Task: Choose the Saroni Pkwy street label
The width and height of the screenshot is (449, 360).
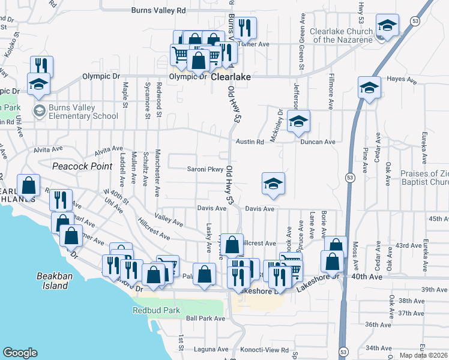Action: pyautogui.click(x=205, y=169)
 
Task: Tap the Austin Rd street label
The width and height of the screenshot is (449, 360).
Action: pyautogui.click(x=250, y=142)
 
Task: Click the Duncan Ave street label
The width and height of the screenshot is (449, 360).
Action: pyautogui.click(x=318, y=142)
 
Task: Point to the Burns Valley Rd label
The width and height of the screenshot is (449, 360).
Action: pyautogui.click(x=158, y=10)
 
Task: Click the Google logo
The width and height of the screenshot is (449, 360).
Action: pyautogui.click(x=20, y=352)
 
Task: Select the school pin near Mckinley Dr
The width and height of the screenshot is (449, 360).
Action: pyautogui.click(x=298, y=122)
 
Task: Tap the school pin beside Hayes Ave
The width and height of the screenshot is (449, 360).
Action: pyautogui.click(x=369, y=88)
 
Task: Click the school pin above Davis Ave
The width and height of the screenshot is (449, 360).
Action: pyautogui.click(x=273, y=184)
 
